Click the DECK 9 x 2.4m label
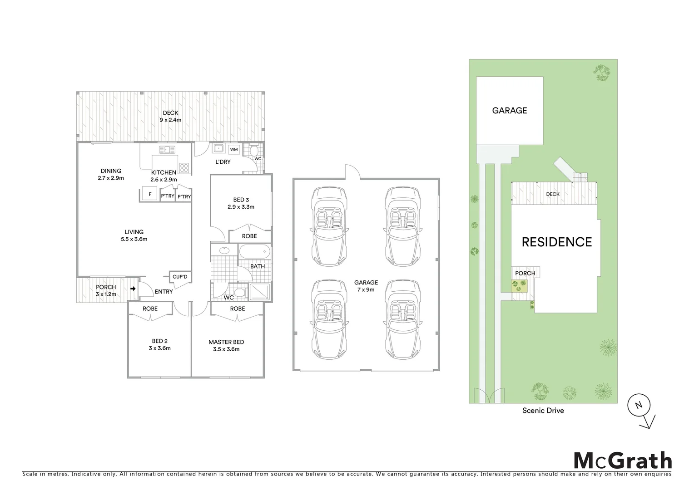point(170,117)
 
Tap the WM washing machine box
point(234,149)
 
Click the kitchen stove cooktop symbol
point(184,168)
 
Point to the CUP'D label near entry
point(180,277)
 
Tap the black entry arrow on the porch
point(133,289)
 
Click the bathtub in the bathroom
point(254,252)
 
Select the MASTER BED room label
point(226,345)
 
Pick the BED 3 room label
point(241,203)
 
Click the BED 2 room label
point(159,345)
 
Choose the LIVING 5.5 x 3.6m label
point(134,235)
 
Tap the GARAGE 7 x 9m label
point(366,286)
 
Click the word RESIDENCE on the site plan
point(556,242)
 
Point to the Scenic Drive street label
point(543,411)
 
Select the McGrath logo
point(623,461)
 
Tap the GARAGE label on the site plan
point(510,110)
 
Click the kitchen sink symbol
point(167,149)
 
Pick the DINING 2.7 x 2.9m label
point(111,175)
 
